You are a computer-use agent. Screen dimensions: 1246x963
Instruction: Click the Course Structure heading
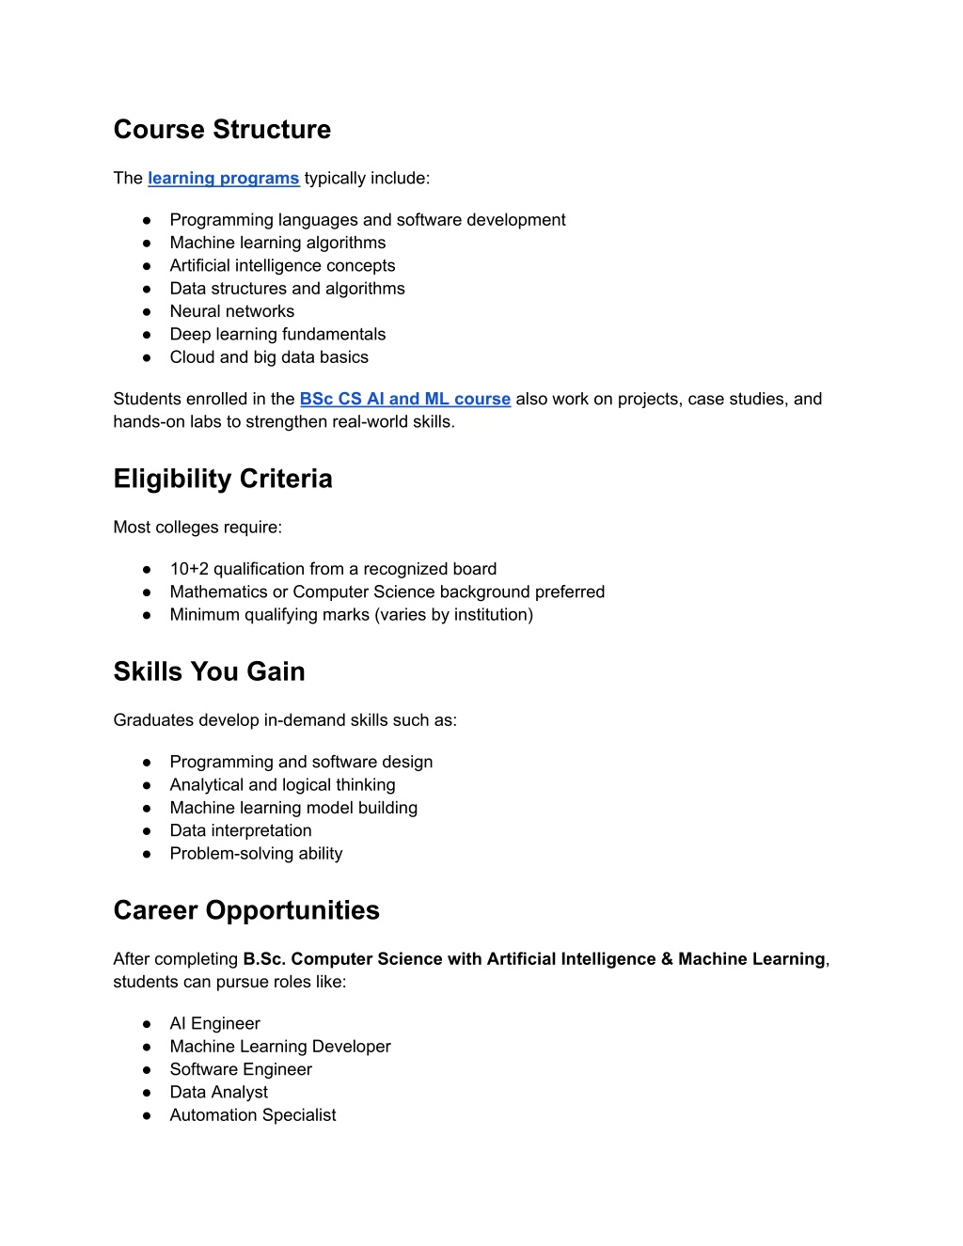(222, 130)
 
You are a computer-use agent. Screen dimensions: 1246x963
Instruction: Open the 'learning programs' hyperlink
(224, 179)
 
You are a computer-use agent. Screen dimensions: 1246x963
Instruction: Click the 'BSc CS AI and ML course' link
(405, 399)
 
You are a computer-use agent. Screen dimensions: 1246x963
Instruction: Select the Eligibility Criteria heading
(223, 479)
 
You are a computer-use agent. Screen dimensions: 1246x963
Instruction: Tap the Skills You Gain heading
(209, 671)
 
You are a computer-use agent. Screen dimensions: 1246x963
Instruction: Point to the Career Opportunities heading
(246, 910)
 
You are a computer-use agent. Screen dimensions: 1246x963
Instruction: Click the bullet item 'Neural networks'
(231, 311)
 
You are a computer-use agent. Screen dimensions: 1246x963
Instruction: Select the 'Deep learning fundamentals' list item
(277, 334)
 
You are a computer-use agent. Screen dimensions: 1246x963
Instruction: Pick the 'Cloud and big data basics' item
(269, 357)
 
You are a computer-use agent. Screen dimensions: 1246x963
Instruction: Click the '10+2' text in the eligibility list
(189, 569)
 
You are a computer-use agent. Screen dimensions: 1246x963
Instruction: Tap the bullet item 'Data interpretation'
(241, 830)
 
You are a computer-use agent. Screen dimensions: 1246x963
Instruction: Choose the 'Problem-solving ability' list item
(256, 854)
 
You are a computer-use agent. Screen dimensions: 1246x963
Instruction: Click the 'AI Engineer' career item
(214, 1023)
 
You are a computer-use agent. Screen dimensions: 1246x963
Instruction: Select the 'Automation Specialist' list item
(253, 1115)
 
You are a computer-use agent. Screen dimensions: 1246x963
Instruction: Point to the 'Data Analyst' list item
(218, 1092)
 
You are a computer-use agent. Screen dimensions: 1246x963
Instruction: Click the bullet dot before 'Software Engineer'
(147, 1070)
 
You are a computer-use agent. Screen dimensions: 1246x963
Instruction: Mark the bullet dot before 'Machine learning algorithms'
(147, 244)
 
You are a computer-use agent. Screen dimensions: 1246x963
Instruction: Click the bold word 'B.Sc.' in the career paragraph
(264, 959)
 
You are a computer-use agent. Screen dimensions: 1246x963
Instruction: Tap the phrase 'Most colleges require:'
(197, 528)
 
